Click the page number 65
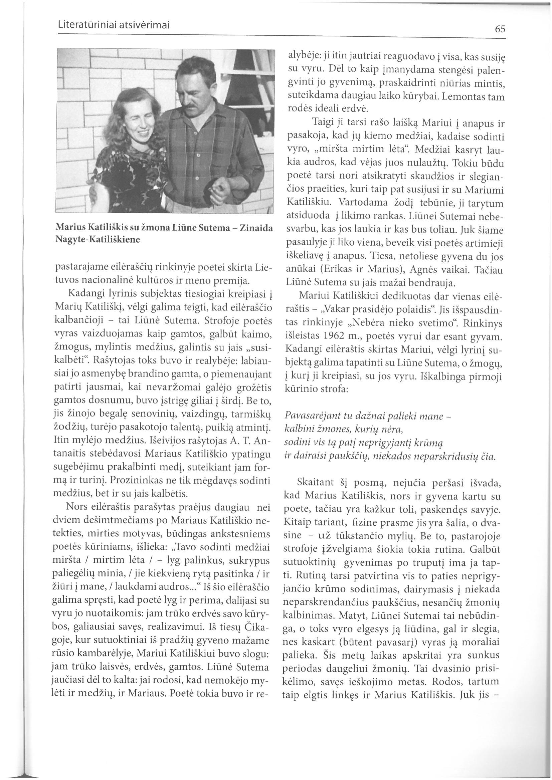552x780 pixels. pos(500,29)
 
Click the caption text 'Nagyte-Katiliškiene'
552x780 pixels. pos(98,239)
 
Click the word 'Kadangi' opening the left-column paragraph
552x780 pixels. pos(82,292)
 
